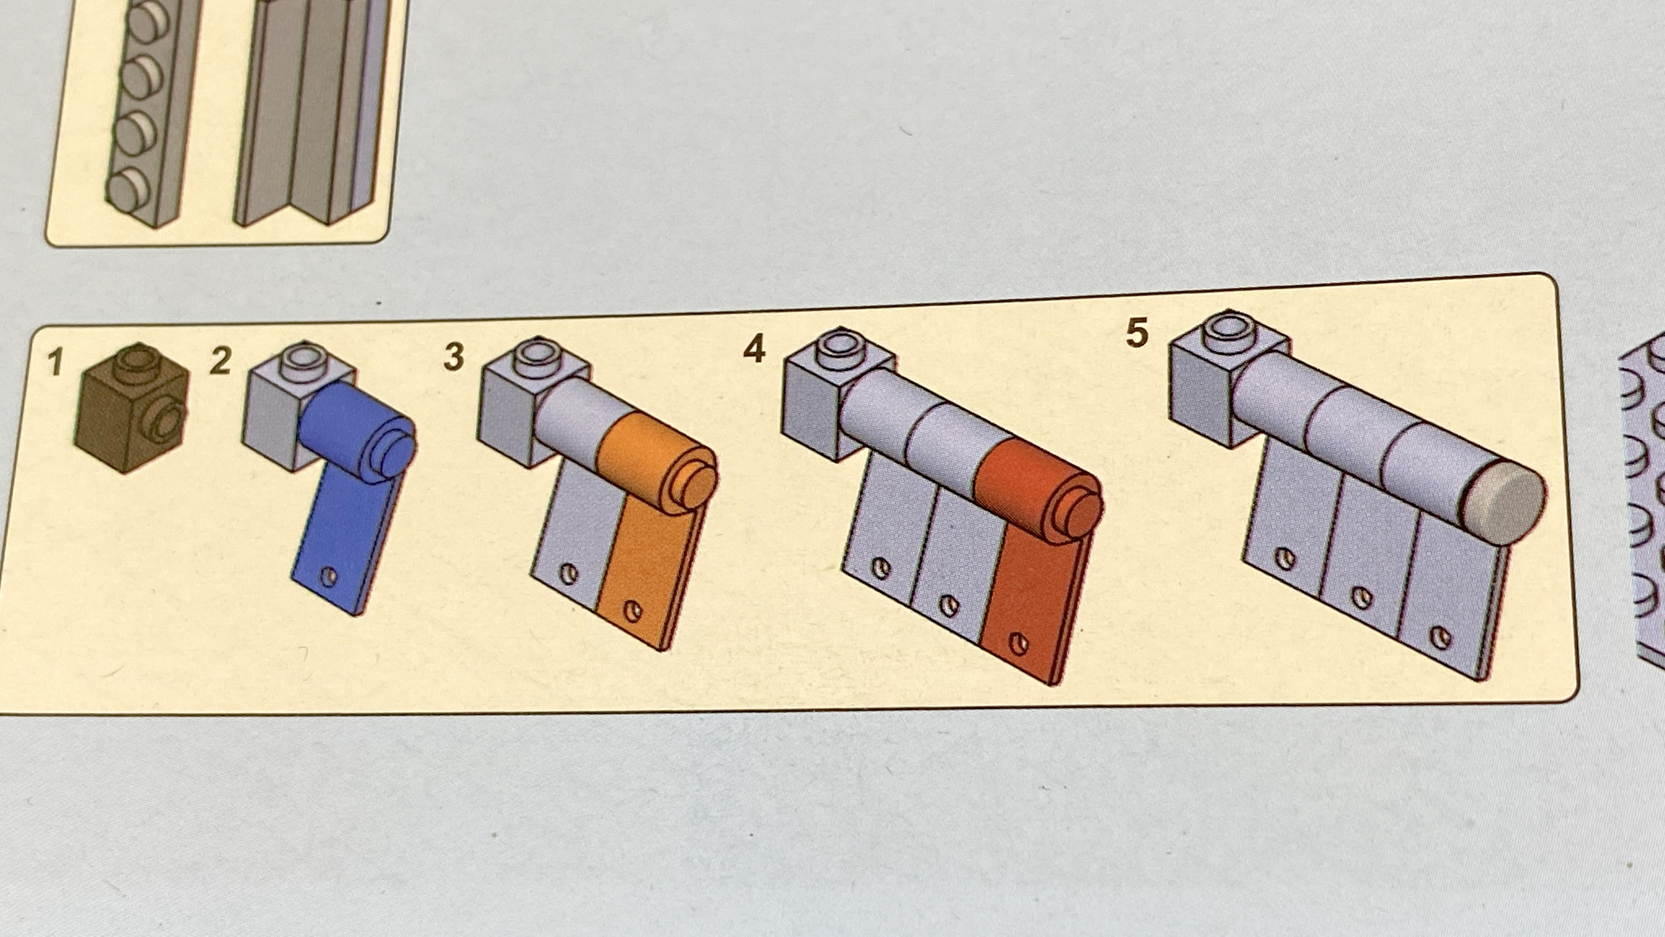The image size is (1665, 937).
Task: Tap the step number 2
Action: click(x=221, y=361)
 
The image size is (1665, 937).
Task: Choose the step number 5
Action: click(x=1137, y=333)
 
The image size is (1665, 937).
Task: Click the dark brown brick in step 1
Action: click(x=132, y=407)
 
